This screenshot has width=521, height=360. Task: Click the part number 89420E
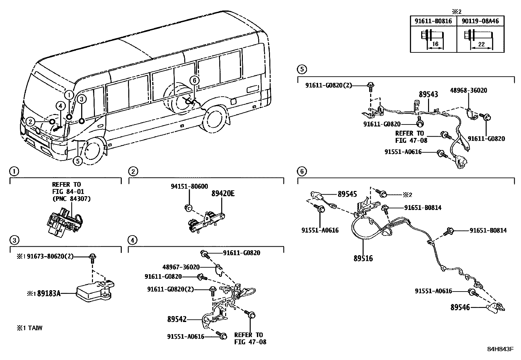(x=223, y=194)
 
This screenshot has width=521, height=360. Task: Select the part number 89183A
(x=49, y=294)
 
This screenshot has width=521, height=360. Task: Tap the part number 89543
(x=428, y=95)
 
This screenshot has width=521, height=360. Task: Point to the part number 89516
(x=363, y=258)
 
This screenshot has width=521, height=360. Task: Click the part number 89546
(x=460, y=307)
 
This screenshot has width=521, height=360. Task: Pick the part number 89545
(x=347, y=194)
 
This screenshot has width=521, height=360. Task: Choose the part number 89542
(x=177, y=319)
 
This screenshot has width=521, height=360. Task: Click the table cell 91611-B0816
(x=433, y=21)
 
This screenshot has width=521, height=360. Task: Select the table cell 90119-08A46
(x=480, y=21)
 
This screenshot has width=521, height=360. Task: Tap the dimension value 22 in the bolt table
(x=481, y=44)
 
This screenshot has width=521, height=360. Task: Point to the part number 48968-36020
(x=469, y=90)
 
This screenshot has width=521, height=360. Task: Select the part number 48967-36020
(x=181, y=267)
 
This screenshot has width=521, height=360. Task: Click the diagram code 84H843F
(x=500, y=349)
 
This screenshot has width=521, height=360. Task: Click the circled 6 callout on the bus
(x=194, y=80)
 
